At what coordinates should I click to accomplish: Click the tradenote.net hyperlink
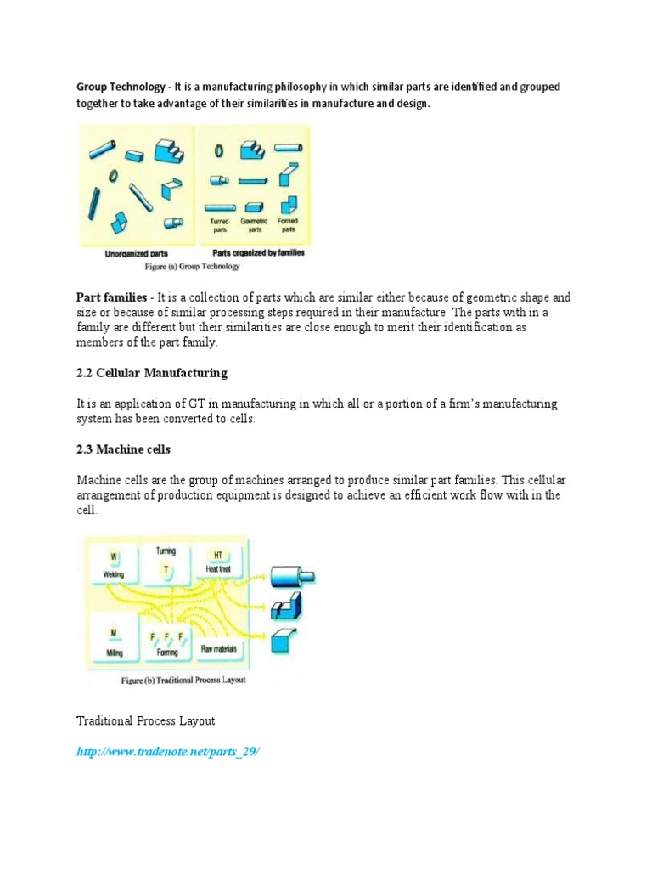[167, 753]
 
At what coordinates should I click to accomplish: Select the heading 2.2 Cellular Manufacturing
[152, 373]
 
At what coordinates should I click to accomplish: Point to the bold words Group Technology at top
[121, 88]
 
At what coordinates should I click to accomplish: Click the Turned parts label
[220, 225]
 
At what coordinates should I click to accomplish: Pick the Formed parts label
[289, 225]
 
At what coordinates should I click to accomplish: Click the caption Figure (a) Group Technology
[193, 266]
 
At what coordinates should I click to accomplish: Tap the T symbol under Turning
[166, 570]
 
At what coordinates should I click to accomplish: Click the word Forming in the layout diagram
[167, 652]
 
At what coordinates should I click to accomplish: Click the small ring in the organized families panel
[219, 150]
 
